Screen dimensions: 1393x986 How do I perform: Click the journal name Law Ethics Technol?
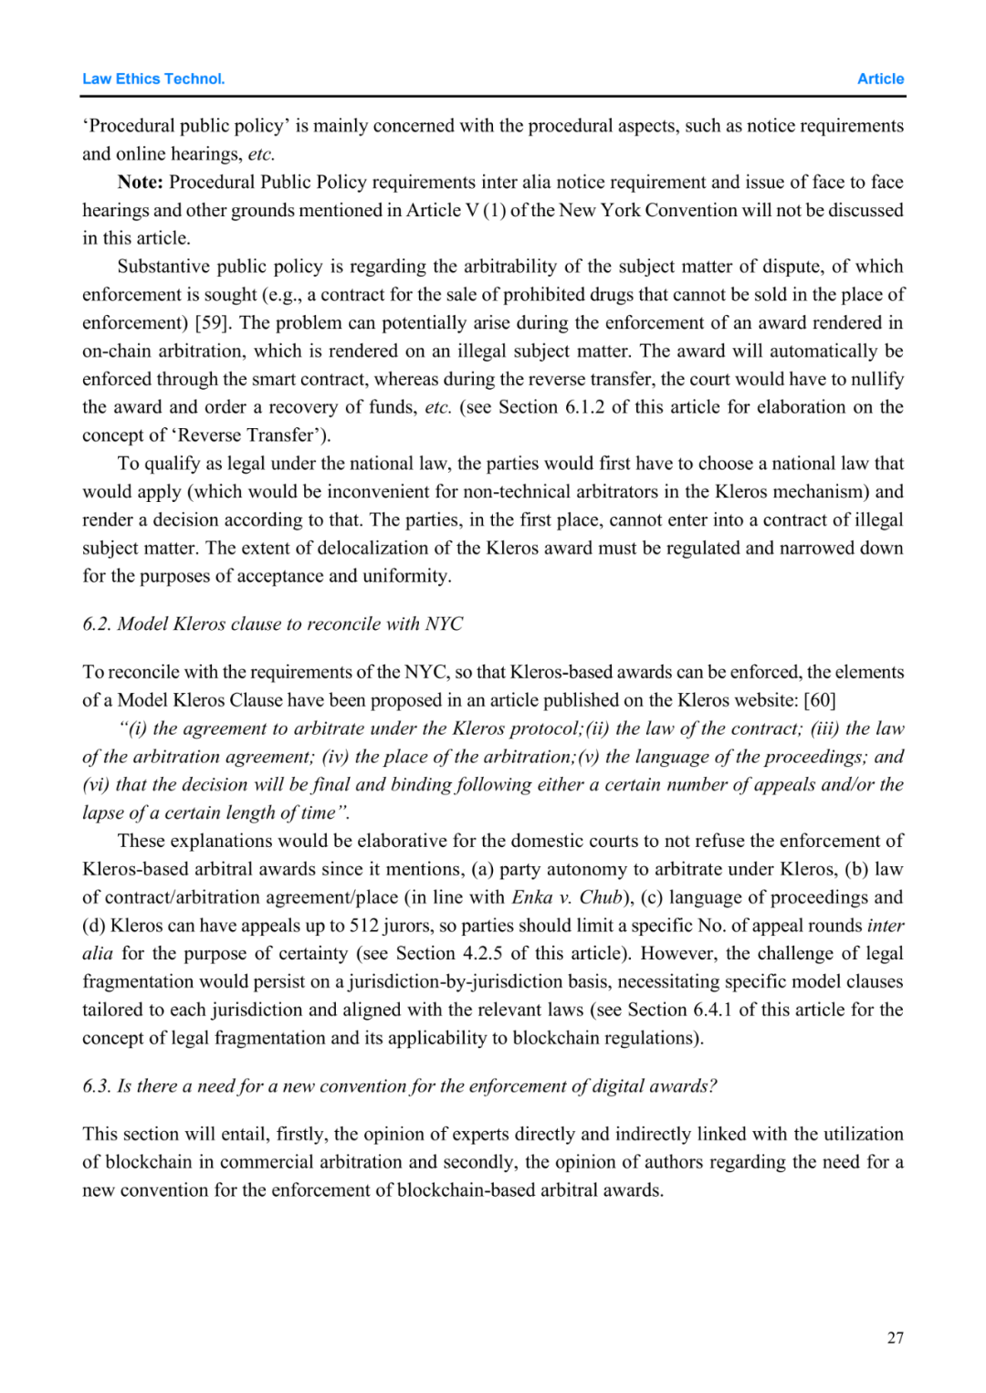point(153,79)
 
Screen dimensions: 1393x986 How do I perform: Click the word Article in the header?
point(880,79)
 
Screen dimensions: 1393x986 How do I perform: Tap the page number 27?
point(895,1337)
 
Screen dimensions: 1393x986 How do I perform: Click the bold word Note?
point(140,182)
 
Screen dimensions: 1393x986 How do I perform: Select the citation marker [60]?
point(819,700)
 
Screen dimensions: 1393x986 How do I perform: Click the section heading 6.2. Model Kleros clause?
point(272,623)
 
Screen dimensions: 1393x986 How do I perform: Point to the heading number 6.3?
point(96,1085)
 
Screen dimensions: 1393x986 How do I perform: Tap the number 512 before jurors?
point(364,926)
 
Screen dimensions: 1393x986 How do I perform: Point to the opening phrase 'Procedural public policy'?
point(184,126)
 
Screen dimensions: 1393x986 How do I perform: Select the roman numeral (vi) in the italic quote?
point(96,785)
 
